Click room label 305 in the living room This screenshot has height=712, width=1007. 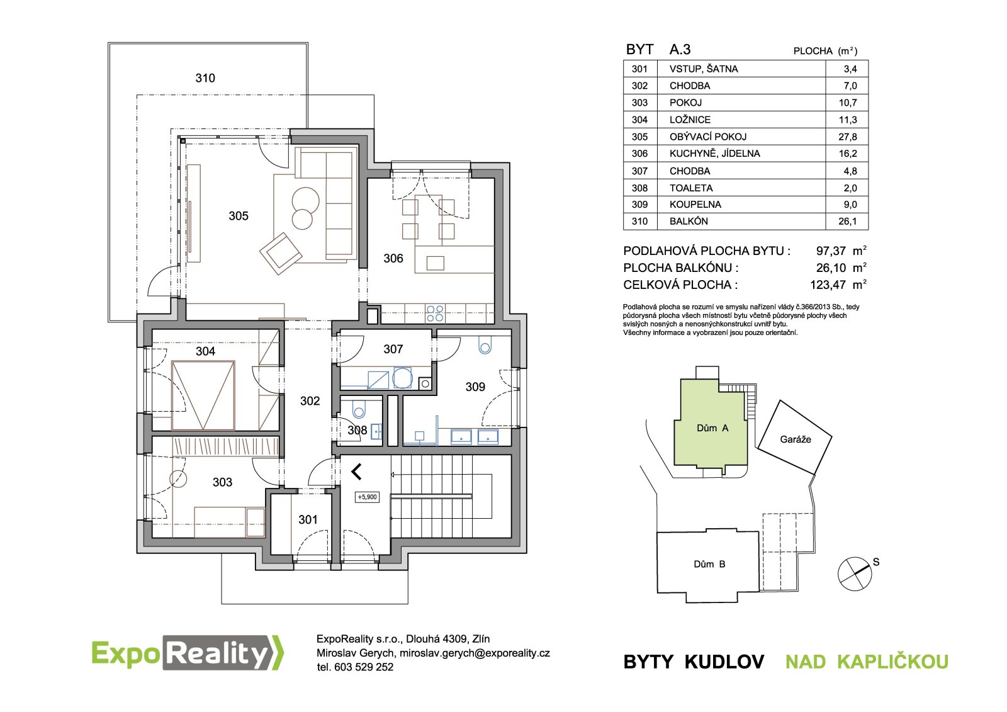coord(239,216)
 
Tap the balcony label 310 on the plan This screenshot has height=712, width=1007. coord(205,78)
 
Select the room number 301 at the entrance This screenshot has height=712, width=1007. coord(308,520)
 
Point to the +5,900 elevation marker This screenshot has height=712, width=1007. coord(368,497)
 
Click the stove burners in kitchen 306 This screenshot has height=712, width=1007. coord(435,314)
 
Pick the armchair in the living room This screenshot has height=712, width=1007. coord(281,253)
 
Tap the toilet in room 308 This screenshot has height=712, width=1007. coord(359,409)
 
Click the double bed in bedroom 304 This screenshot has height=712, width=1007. coord(203,395)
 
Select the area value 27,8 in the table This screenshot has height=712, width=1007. coord(847,137)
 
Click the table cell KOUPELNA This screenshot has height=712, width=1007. coord(695,205)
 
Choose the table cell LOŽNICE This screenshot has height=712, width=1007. coord(690,120)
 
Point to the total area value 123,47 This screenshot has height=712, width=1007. coord(828,285)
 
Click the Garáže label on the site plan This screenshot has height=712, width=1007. coord(796,439)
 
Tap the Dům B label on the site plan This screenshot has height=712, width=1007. coord(709,564)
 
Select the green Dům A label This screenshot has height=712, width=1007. coord(712,428)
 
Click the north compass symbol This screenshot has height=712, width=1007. coord(855,574)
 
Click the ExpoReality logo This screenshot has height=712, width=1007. coord(188,653)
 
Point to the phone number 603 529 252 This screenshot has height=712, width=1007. coord(363,667)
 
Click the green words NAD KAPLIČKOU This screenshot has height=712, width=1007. coord(867,662)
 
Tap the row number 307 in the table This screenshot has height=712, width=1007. coord(639,171)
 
